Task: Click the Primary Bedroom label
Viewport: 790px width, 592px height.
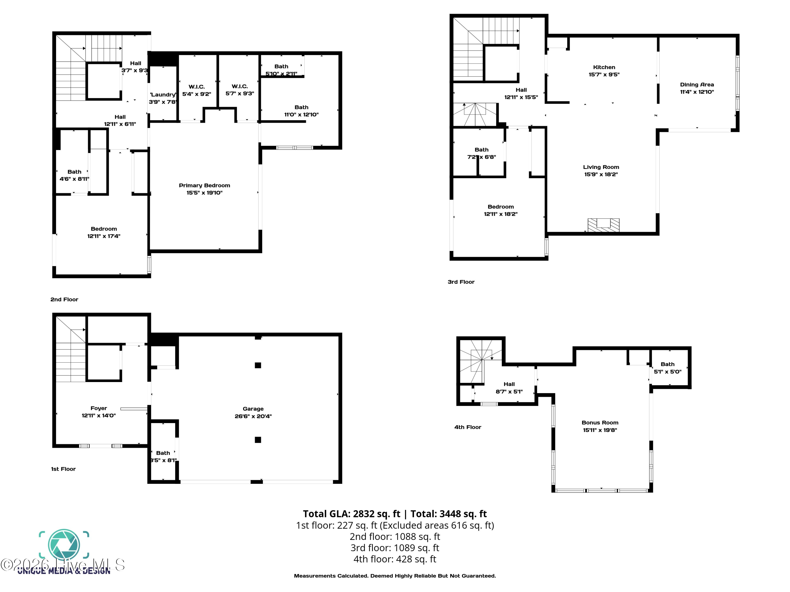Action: point(204,185)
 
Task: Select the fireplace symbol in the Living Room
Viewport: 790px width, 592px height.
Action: point(604,225)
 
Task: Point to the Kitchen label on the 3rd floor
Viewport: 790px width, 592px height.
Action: point(604,67)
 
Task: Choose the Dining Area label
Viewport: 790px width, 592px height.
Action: point(697,84)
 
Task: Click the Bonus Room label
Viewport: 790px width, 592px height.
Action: point(600,423)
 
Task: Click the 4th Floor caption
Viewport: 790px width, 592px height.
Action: point(467,427)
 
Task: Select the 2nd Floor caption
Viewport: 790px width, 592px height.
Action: point(64,299)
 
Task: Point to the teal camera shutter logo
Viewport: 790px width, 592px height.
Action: point(64,545)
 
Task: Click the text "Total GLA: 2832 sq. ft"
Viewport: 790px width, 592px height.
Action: point(352,514)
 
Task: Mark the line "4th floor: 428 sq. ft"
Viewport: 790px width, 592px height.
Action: point(395,559)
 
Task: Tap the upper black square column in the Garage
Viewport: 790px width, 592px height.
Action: point(258,365)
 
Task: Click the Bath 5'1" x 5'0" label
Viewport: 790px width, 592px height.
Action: point(668,368)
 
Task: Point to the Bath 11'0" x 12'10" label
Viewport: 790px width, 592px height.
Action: point(301,111)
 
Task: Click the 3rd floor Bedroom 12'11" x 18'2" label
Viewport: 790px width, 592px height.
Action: point(500,210)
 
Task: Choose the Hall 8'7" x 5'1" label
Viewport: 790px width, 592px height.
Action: point(509,388)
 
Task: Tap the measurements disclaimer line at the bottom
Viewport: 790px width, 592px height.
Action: point(395,576)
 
